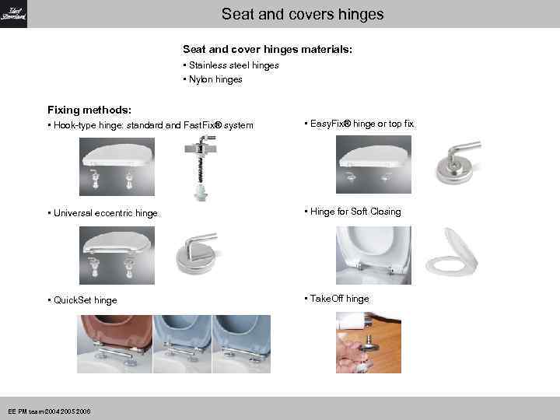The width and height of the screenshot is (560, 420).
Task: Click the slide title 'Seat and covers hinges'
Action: (x=302, y=14)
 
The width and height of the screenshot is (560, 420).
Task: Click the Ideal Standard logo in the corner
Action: (x=13, y=14)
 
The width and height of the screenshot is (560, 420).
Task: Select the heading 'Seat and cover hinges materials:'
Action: (x=267, y=49)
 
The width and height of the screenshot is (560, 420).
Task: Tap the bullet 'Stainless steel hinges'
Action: (x=233, y=65)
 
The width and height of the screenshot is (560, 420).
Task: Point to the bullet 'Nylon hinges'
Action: (x=215, y=79)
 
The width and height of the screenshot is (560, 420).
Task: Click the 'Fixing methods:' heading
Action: (x=89, y=110)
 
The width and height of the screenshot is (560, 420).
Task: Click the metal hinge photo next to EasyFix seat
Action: (x=457, y=161)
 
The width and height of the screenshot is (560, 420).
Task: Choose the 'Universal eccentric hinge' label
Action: (x=105, y=213)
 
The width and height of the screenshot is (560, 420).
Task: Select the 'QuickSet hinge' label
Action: (x=86, y=300)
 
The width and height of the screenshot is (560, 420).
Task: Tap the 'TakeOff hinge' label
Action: (x=340, y=299)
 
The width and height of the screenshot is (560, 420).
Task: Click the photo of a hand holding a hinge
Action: (x=368, y=343)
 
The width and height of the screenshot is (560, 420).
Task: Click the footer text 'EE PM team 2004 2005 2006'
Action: (x=48, y=411)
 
